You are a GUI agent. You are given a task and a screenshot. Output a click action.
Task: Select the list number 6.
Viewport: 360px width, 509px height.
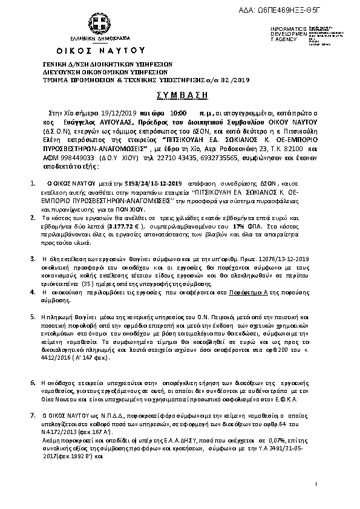click(32, 383)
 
